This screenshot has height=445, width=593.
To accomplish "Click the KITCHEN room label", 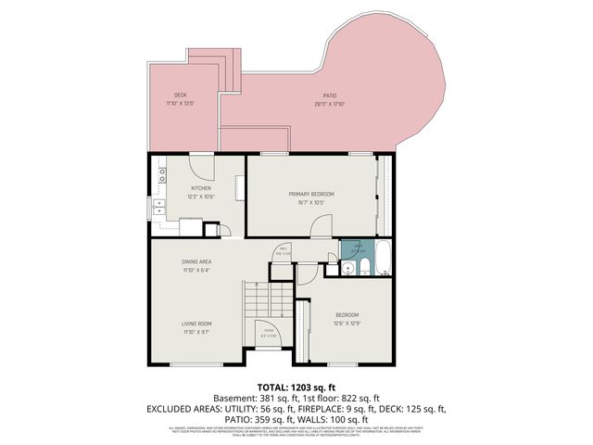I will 201,189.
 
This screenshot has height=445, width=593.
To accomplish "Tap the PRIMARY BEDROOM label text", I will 310,193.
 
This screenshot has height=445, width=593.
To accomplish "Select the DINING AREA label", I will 196,262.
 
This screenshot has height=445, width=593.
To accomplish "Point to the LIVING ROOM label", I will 196,324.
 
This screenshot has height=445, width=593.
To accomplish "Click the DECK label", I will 180,95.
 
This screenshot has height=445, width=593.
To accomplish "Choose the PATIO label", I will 330,95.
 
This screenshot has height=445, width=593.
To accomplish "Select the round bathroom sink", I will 347,269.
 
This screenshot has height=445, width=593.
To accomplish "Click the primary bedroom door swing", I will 321,224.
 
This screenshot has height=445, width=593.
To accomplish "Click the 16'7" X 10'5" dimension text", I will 310,201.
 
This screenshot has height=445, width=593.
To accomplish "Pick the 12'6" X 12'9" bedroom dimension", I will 347,324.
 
